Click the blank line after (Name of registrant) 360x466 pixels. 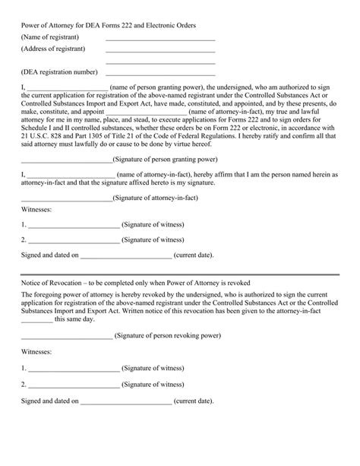[160, 40]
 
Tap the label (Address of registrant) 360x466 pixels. [53, 49]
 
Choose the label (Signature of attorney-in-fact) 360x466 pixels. [159, 198]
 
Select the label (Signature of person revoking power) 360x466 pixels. [167, 334]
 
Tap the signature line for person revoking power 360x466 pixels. [67, 337]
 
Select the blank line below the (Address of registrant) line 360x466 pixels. [160, 64]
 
